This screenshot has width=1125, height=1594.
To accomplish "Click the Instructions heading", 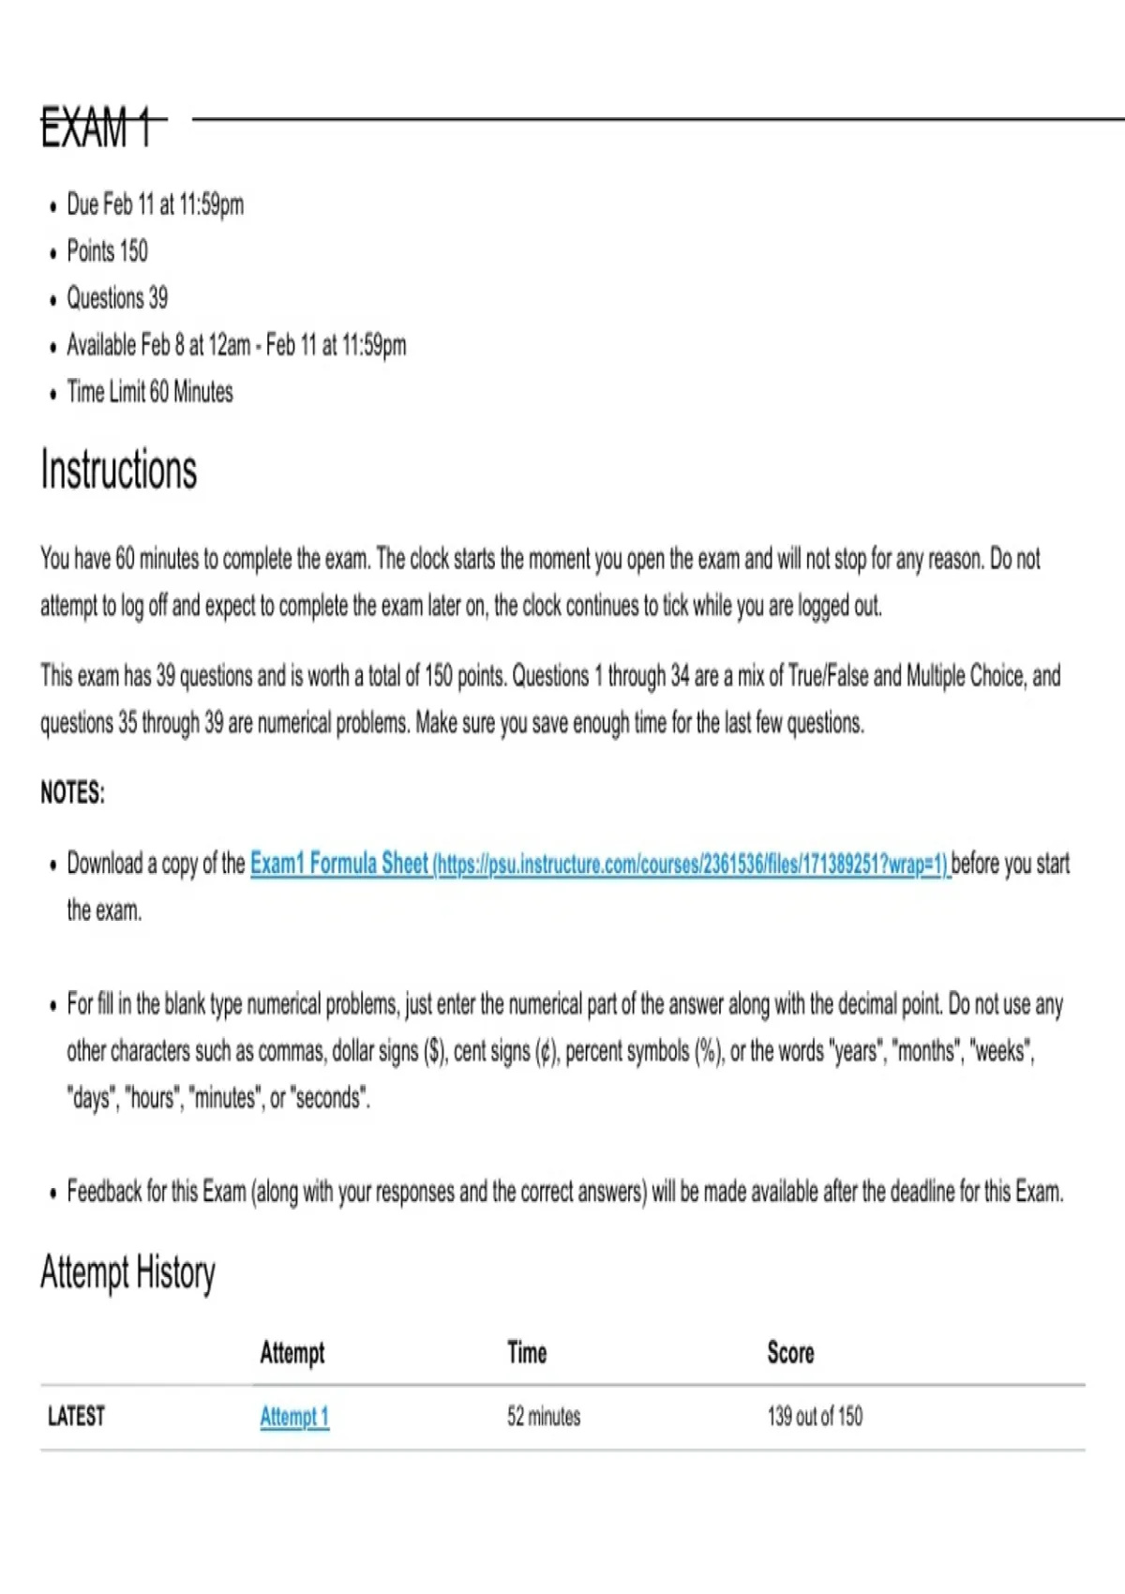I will pos(119,470).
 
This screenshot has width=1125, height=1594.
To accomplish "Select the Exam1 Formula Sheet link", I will pos(338,864).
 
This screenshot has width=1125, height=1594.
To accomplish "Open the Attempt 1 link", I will pos(294,1417).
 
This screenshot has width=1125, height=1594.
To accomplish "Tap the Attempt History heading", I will pos(127,1273).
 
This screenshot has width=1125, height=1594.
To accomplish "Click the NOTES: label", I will pos(72,793).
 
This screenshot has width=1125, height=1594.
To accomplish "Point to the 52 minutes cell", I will pos(544,1417).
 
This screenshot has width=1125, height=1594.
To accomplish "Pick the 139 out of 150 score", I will pos(815,1417).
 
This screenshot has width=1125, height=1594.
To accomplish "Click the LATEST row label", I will pos(76,1417).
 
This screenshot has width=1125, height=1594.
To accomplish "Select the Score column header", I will pos(790,1353).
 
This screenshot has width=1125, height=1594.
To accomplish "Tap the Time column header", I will pos(527,1353).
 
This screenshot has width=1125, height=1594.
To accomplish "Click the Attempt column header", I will pos(292,1353).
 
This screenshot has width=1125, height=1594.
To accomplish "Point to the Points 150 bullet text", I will pos(107,251).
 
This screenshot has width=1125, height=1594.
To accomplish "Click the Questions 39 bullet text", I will pos(117,298).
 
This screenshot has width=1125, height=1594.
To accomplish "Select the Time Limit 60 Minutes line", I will pos(150,392).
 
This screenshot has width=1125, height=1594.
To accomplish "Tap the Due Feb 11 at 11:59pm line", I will pos(155,204).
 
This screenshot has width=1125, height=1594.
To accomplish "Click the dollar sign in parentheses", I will pos(435,1052).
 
